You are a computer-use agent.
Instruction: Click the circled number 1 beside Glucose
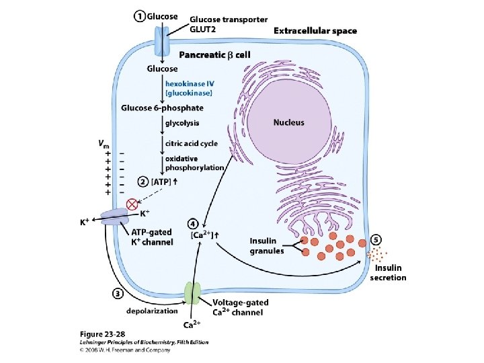[140, 16]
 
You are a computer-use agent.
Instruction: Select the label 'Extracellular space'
[315, 31]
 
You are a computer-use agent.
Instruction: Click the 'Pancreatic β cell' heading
[215, 55]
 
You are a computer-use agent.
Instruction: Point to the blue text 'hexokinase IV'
[190, 83]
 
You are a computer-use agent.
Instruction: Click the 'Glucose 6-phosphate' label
[162, 108]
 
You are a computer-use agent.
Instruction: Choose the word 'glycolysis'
[182, 123]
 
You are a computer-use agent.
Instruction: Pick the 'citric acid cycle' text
[192, 144]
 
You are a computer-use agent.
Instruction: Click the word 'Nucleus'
[288, 122]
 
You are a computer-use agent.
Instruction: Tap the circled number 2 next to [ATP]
[143, 182]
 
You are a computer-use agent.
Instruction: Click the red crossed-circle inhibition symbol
[132, 204]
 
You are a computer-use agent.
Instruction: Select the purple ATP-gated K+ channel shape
[114, 218]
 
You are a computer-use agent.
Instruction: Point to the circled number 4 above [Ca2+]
[193, 224]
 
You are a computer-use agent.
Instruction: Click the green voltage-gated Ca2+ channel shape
[193, 293]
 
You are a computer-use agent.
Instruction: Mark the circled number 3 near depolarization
[118, 294]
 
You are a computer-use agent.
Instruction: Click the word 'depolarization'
[152, 311]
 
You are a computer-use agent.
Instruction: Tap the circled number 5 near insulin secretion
[376, 240]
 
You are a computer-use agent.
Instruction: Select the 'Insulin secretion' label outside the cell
[388, 272]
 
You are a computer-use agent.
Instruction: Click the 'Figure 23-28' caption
[102, 334]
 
